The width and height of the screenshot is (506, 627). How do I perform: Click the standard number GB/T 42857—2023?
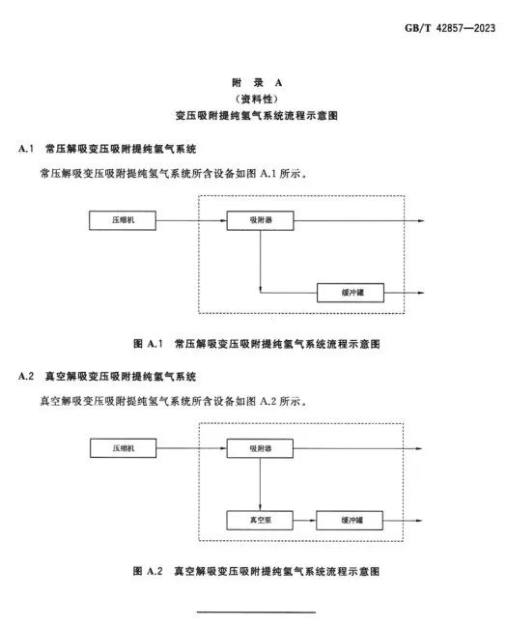[450, 28]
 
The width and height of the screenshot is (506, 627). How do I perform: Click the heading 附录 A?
[257, 83]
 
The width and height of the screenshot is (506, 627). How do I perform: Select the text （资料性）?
[257, 99]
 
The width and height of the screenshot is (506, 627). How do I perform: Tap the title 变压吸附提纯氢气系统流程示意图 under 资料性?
[257, 116]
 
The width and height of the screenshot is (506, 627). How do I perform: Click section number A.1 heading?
[26, 149]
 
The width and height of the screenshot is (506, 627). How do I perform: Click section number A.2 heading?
[26, 376]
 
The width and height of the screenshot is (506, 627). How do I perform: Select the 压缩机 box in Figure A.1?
[123, 220]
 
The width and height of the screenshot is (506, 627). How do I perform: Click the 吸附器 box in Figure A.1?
[260, 220]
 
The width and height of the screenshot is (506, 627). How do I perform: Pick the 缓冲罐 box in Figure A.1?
[351, 293]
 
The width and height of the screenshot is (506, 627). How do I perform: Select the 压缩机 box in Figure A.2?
[123, 448]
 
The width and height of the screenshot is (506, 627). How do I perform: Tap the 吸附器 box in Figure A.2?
[260, 448]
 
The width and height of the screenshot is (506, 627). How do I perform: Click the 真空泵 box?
[260, 520]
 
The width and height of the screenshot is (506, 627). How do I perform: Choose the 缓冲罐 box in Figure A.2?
[350, 520]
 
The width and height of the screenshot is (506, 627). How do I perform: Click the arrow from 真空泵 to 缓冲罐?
[304, 520]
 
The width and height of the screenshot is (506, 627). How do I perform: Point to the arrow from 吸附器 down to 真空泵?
[260, 484]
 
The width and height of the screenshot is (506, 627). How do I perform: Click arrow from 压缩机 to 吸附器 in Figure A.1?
[191, 220]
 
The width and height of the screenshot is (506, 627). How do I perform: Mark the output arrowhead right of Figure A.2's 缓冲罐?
[419, 520]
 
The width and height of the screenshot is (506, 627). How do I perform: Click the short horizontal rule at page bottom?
[256, 612]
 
